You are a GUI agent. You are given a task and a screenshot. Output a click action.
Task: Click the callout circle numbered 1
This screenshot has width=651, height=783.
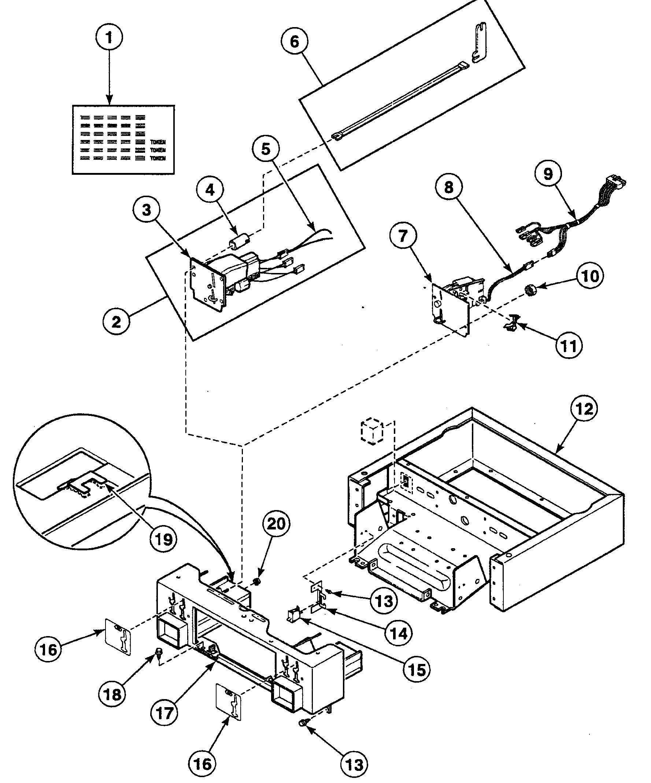click(x=109, y=37)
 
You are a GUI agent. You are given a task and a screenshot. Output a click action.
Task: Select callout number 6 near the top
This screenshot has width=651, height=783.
click(x=295, y=41)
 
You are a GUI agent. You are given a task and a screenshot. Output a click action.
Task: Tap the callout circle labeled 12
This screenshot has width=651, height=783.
click(x=584, y=409)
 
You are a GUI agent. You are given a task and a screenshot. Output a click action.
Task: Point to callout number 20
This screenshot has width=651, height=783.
click(x=276, y=524)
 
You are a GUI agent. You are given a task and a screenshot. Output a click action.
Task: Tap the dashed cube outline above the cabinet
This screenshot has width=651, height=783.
click(x=372, y=432)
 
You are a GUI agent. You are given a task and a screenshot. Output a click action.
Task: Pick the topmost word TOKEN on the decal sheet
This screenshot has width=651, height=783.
click(x=158, y=142)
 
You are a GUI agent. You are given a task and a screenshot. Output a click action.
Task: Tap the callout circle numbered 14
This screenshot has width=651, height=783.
click(x=399, y=632)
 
